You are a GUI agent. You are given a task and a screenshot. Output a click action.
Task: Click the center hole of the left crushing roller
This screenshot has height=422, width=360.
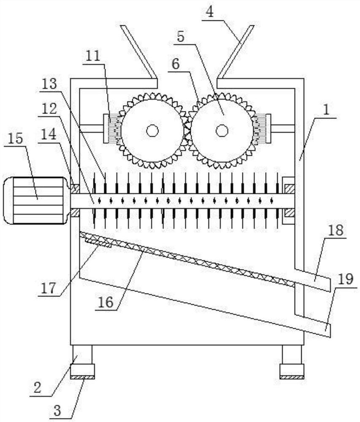tap(152, 131)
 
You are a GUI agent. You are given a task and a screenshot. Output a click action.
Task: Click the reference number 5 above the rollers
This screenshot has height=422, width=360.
tap(180, 37)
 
